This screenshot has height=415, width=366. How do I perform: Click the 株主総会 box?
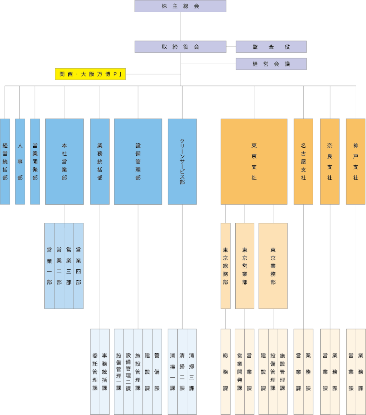click(180, 6)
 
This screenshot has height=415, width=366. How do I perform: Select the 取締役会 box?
click(180, 47)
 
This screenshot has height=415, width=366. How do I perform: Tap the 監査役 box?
click(271, 47)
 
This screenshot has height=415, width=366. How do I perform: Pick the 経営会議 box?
click(271, 64)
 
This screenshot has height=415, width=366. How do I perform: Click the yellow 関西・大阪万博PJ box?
click(90, 74)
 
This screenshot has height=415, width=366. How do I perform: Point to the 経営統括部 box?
click(5, 162)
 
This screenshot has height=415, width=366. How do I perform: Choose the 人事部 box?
click(20, 162)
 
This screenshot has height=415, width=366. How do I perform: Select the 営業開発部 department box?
click(35, 162)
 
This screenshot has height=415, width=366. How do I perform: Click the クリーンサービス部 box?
click(182, 162)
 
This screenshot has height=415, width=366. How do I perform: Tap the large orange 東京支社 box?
click(254, 162)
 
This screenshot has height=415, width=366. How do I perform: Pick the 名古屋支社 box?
click(303, 162)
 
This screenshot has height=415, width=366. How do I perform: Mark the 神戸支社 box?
click(356, 162)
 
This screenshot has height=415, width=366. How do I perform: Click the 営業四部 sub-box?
click(79, 266)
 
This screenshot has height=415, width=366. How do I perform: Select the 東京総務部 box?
click(226, 266)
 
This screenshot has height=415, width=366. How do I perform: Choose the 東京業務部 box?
click(273, 266)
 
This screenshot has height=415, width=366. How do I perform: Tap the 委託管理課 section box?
click(95, 371)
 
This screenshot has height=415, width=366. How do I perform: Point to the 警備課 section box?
click(157, 371)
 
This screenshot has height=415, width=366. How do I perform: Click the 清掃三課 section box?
click(192, 371)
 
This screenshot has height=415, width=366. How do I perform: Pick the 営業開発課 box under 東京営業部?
click(240, 371)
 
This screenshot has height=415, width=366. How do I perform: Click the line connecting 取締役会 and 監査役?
click(231, 47)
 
